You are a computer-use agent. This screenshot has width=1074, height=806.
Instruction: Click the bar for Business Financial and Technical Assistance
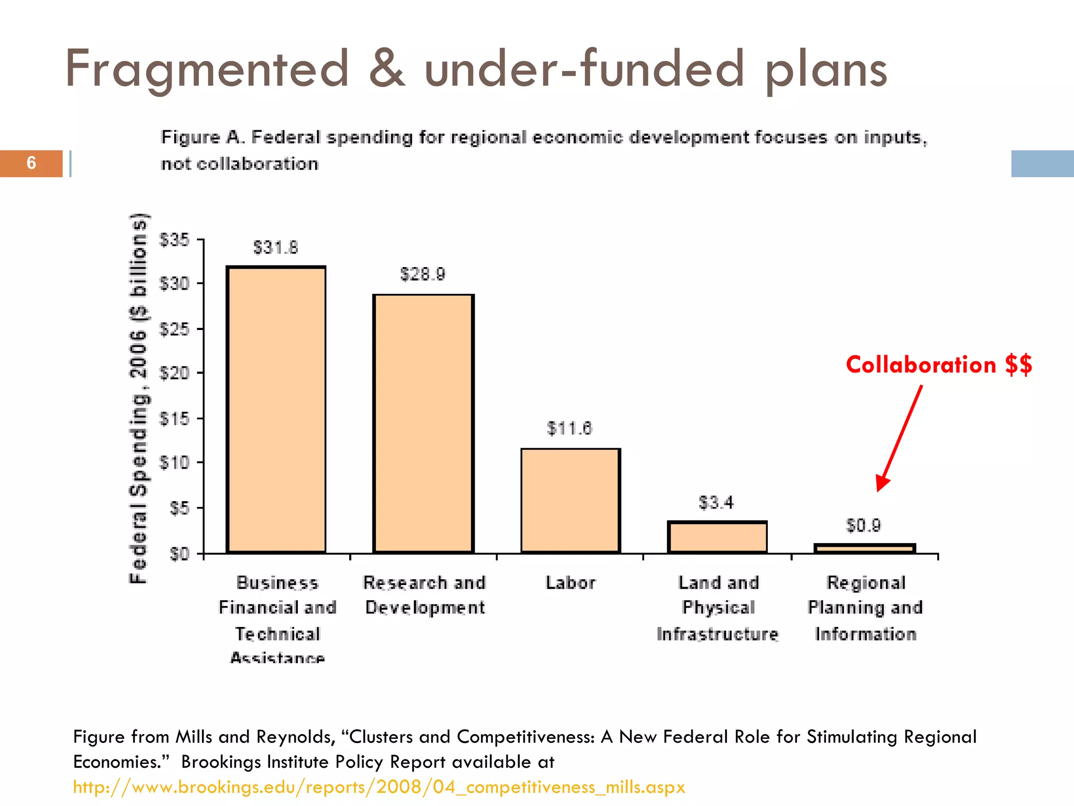[276, 409]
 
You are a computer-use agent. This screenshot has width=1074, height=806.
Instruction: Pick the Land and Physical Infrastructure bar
[717, 537]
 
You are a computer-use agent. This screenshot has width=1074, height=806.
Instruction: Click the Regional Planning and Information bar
[865, 548]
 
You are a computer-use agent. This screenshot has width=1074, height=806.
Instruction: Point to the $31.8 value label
[276, 247]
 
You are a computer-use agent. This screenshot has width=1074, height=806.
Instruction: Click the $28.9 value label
[423, 274]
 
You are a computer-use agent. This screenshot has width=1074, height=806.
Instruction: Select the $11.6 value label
[570, 428]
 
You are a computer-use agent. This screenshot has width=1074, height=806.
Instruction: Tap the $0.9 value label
[864, 525]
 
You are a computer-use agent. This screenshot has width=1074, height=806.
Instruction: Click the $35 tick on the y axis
[175, 240]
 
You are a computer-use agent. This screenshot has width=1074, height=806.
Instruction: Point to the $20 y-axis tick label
[175, 373]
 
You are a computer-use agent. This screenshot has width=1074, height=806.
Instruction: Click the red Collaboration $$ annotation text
[939, 365]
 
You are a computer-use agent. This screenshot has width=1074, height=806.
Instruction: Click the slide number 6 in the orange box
[31, 163]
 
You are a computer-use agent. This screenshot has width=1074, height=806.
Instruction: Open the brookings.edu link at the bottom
[379, 787]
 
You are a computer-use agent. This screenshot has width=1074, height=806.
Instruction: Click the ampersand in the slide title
[387, 69]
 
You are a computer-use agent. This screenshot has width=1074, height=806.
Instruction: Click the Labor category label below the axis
[571, 582]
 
